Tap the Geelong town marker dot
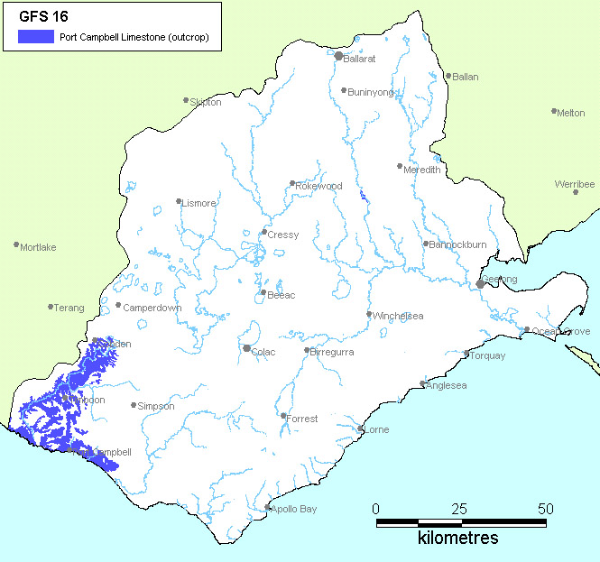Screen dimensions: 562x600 pos(480,283)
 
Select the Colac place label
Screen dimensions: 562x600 pos(264,352)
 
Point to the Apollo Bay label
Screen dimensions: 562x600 pos(295,510)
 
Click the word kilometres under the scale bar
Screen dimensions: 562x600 pos(457,539)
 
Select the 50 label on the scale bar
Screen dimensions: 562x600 pos(545,508)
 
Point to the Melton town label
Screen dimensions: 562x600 pos(570,114)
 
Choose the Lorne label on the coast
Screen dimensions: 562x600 pos(375,430)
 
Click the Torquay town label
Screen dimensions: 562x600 pos(488,355)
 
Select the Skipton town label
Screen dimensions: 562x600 pos(205,103)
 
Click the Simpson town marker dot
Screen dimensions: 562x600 pos(134,405)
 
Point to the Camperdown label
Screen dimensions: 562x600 pos(152,308)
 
